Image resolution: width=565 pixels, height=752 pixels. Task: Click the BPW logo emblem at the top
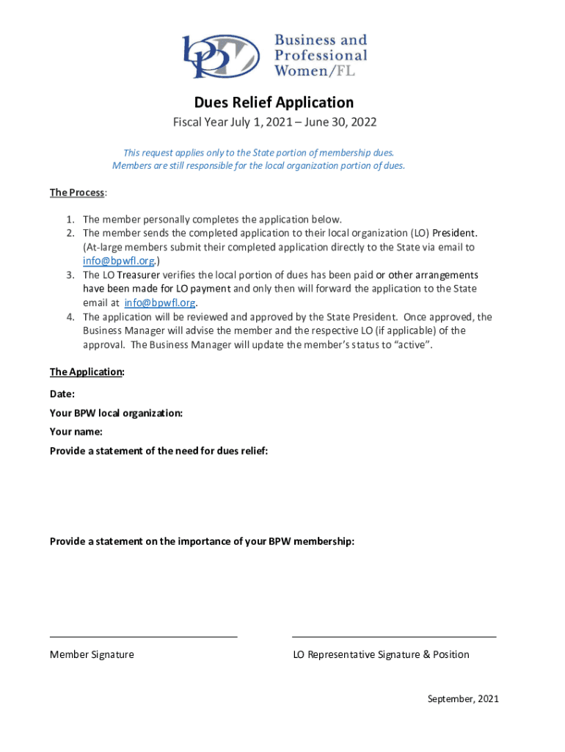click(221, 56)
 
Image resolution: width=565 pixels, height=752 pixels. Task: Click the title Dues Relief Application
click(274, 102)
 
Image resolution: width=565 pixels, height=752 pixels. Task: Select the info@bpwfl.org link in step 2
click(118, 261)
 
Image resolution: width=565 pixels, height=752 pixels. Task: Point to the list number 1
click(68, 219)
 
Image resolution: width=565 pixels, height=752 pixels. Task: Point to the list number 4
click(68, 317)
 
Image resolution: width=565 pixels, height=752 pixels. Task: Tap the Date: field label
click(62, 394)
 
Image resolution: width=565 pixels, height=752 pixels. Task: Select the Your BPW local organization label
click(116, 413)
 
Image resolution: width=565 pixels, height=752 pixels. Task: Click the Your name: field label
click(76, 431)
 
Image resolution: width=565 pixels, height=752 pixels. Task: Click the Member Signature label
click(92, 654)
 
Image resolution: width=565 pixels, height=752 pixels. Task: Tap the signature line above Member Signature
click(143, 637)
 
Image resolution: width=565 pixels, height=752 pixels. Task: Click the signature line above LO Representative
click(394, 637)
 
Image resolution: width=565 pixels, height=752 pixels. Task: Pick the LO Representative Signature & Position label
click(381, 654)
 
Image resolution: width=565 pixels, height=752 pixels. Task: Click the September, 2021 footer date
click(463, 698)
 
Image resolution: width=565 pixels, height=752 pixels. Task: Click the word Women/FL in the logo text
click(321, 71)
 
